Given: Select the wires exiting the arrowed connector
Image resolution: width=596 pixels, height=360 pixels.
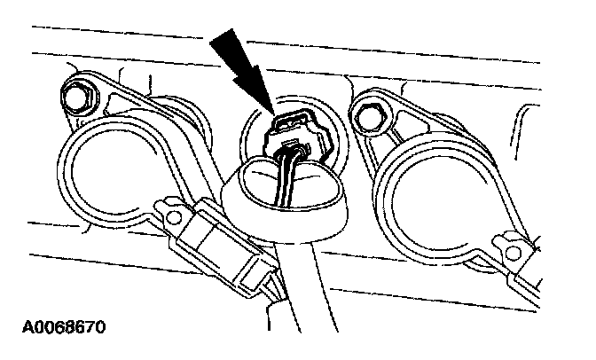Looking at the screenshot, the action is pyautogui.click(x=286, y=174).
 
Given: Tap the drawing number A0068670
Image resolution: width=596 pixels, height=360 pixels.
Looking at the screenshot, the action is pyautogui.click(x=59, y=328).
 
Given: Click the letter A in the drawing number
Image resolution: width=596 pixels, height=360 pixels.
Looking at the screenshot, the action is pyautogui.click(x=19, y=328).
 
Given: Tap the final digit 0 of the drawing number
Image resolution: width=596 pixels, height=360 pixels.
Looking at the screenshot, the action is pyautogui.click(x=99, y=328).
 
